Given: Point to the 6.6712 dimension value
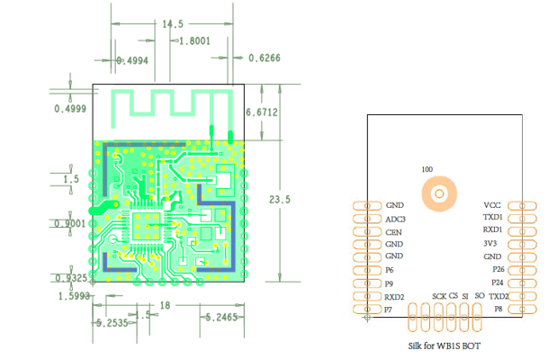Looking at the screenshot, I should [262, 113].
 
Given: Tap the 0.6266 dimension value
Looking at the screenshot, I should [264, 58].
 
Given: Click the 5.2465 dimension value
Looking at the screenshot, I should [220, 318].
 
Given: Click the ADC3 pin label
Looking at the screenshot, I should [395, 219].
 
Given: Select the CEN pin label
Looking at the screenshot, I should [393, 231].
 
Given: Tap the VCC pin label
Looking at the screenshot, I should [492, 205].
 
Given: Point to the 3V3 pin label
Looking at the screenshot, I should [493, 244].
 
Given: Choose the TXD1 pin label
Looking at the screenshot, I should [492, 218].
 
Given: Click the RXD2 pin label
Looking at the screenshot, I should [395, 296].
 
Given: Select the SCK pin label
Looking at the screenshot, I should [438, 296].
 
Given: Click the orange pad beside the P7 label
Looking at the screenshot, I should [366, 309].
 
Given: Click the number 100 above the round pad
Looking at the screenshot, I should [427, 168].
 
